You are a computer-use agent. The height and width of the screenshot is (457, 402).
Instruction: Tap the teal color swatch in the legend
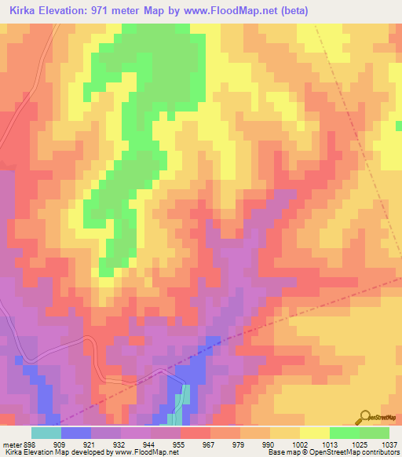coord(46,433)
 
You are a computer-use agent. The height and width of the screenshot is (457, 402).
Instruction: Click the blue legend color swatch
coord(76,433)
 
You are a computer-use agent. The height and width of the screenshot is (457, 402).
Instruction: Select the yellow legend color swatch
coord(315,433)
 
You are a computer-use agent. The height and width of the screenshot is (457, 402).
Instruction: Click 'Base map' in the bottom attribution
coord(281,452)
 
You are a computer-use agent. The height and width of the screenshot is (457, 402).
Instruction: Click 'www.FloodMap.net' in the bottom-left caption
coord(145,452)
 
